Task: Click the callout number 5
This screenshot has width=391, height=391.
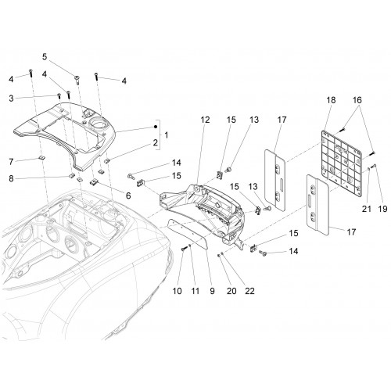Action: [45, 56]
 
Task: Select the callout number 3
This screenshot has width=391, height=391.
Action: [11, 99]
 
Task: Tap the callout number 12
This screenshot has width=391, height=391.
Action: [205, 120]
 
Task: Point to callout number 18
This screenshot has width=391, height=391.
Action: [331, 100]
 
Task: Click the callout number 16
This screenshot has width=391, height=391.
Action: [357, 100]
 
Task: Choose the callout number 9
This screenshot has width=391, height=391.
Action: [212, 291]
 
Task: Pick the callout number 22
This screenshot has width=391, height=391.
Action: [249, 291]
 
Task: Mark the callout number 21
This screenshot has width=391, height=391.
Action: [367, 209]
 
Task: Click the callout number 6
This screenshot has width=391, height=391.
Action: [128, 195]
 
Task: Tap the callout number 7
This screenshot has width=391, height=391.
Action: [11, 162]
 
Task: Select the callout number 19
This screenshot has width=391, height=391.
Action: [382, 209]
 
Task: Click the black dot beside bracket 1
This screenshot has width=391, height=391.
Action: [156, 127]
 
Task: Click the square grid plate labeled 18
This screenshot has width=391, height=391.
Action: [341, 163]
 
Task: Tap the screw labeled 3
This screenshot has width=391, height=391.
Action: [59, 95]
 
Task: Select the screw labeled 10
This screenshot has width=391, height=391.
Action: [184, 249]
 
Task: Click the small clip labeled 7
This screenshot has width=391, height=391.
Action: [42, 157]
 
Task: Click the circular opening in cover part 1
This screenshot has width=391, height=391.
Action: [99, 123]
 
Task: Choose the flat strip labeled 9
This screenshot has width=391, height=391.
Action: [187, 233]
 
